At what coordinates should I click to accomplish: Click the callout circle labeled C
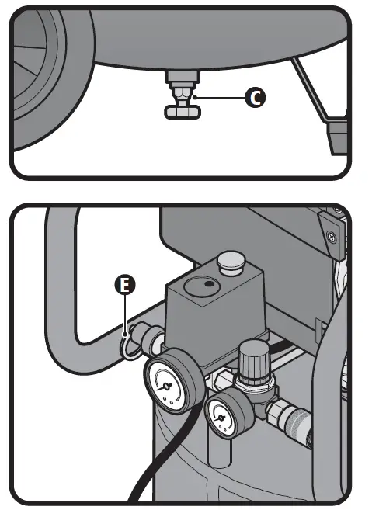(x=254, y=97)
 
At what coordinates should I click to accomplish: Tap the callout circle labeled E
(x=123, y=286)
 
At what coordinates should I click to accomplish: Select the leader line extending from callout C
(x=221, y=97)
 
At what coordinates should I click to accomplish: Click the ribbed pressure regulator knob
(x=253, y=359)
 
